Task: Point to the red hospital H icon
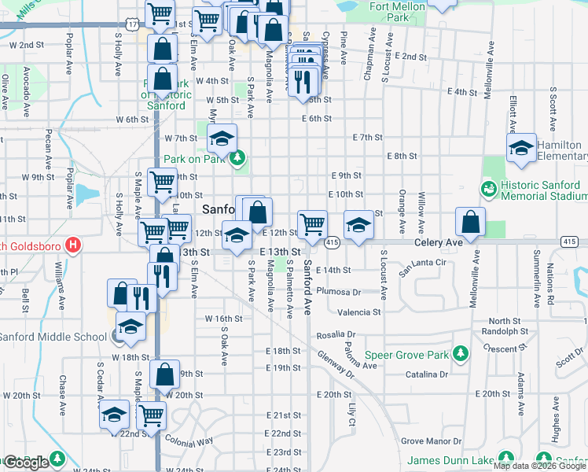coord(73,245)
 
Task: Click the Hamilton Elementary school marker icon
coord(520,148)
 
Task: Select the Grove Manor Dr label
coord(429,441)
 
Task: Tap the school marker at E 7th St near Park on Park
coord(222,140)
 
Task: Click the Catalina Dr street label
coord(427,374)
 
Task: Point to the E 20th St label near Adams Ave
coord(493,393)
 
